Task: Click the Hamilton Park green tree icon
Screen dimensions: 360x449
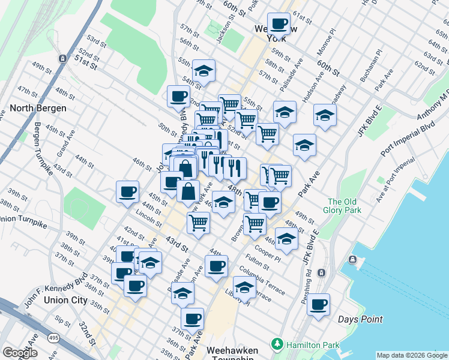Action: (x=277, y=344)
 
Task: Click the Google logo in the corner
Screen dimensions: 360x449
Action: (x=20, y=353)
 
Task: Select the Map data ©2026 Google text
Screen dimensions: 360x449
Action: (x=411, y=355)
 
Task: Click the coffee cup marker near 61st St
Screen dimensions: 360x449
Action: (x=279, y=24)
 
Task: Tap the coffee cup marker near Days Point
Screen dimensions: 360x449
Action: (x=319, y=304)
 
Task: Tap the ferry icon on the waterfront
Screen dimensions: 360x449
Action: (x=352, y=260)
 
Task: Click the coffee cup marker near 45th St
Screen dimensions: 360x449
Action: (x=127, y=192)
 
